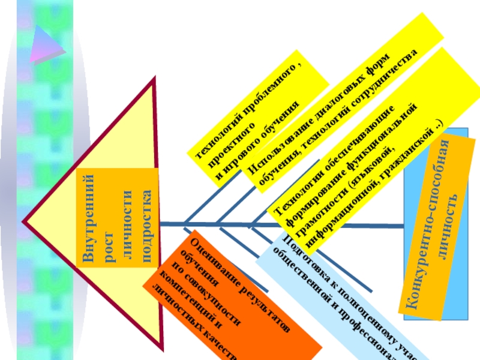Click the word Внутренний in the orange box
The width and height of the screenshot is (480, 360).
pos(88,220)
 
